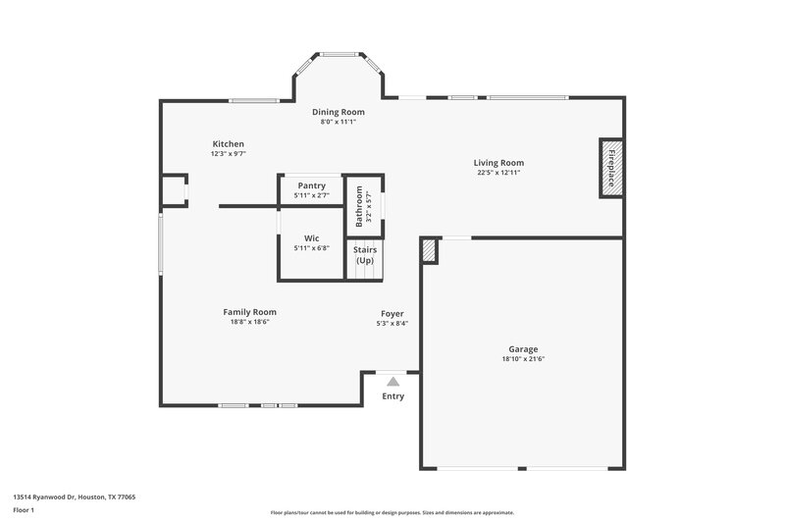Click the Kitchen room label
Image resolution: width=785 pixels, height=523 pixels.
tap(227, 144)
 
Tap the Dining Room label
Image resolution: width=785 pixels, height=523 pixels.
tap(339, 112)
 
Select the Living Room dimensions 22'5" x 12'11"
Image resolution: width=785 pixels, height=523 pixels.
tap(498, 173)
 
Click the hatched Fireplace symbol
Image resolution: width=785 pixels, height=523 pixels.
tap(610, 167)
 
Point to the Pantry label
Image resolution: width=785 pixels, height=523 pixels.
tap(311, 185)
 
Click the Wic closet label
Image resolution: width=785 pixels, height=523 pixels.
tap(311, 238)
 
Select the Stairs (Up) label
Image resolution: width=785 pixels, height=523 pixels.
tap(365, 255)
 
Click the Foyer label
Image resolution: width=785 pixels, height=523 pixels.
tap(392, 313)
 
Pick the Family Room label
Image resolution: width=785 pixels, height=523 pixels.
tap(249, 311)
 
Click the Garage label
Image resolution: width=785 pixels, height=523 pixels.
tap(522, 349)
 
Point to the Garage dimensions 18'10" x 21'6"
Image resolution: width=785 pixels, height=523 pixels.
tap(522, 359)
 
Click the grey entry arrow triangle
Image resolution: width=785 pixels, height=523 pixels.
tap(392, 381)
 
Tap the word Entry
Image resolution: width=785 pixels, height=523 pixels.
tap(392, 396)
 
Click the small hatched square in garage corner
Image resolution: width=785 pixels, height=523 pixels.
tap(429, 251)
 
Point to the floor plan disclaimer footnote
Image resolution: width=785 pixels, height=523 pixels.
tap(392, 512)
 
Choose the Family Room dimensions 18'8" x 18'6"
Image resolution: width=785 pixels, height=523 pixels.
tap(249, 321)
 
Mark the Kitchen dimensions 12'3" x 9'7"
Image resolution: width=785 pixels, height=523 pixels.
tap(227, 154)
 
